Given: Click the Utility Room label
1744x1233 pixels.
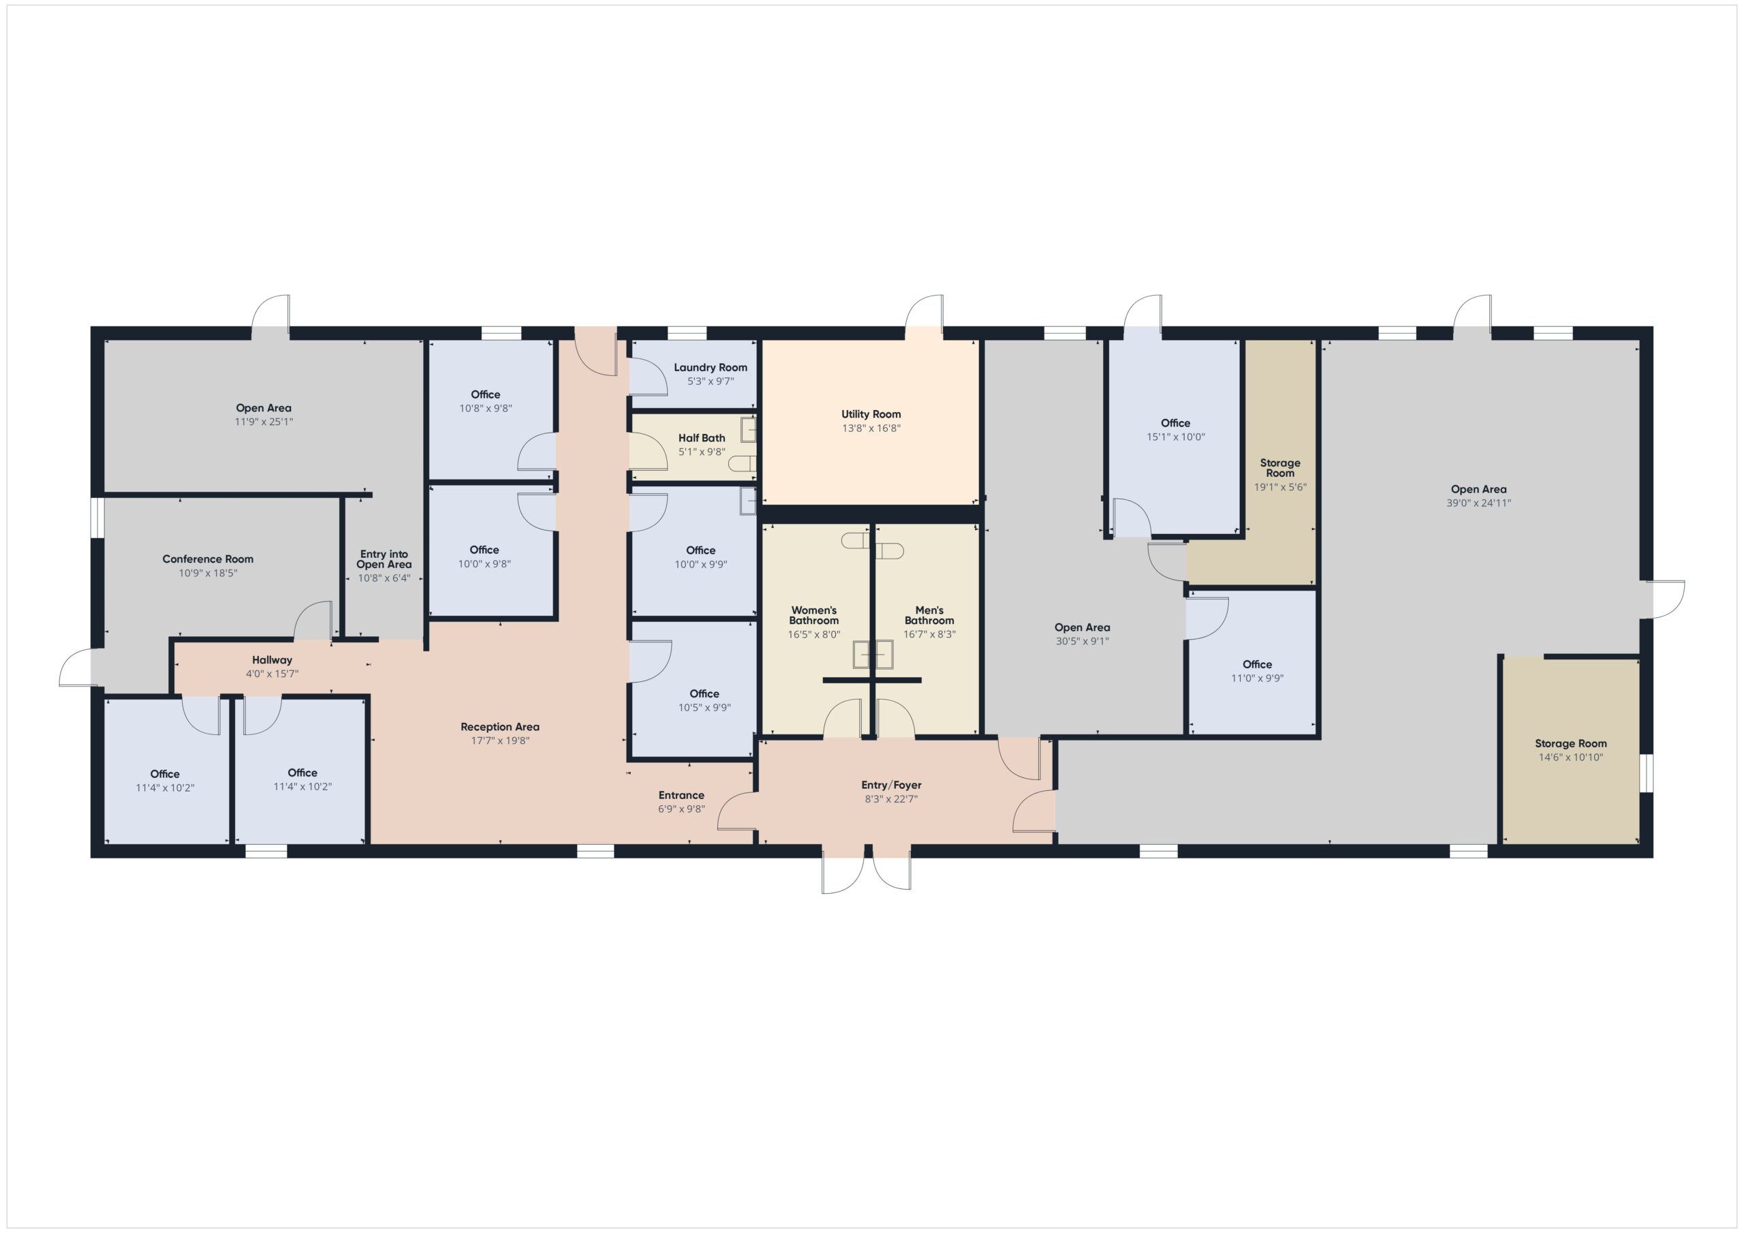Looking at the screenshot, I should pyautogui.click(x=871, y=414).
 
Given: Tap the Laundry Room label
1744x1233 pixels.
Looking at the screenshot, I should pyautogui.click(x=711, y=368).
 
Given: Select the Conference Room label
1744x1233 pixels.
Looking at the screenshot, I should pyautogui.click(x=207, y=559).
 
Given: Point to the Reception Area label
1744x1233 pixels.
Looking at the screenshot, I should pyautogui.click(x=500, y=727).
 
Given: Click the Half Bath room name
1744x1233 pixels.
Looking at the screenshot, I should pyautogui.click(x=701, y=438).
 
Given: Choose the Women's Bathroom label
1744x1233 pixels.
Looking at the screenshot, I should pyautogui.click(x=813, y=615).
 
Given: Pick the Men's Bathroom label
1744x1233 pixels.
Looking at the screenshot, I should pyautogui.click(x=929, y=615).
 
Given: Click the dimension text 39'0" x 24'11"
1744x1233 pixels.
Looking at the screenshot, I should pyautogui.click(x=1478, y=503).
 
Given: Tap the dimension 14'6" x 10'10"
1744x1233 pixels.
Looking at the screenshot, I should pyautogui.click(x=1570, y=758).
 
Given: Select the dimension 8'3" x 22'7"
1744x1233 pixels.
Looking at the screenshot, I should pyautogui.click(x=891, y=799).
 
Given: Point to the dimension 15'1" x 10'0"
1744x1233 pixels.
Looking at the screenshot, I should pyautogui.click(x=1175, y=437).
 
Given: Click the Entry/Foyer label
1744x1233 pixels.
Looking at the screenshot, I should pyautogui.click(x=891, y=785).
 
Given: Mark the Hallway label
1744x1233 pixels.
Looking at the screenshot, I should pyautogui.click(x=272, y=660).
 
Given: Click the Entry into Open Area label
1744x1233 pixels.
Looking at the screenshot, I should pyautogui.click(x=384, y=559).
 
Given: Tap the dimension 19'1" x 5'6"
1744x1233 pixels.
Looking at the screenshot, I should pyautogui.click(x=1280, y=488).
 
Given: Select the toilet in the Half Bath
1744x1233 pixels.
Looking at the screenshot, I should pyautogui.click(x=741, y=463).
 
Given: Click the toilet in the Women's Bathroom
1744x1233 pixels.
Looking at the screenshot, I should pyautogui.click(x=854, y=540).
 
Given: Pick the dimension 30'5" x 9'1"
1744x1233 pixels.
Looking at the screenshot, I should pyautogui.click(x=1082, y=641).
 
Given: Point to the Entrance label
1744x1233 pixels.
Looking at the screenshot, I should pyautogui.click(x=681, y=796).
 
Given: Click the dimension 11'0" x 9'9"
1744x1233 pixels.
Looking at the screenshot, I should pyautogui.click(x=1257, y=678).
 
